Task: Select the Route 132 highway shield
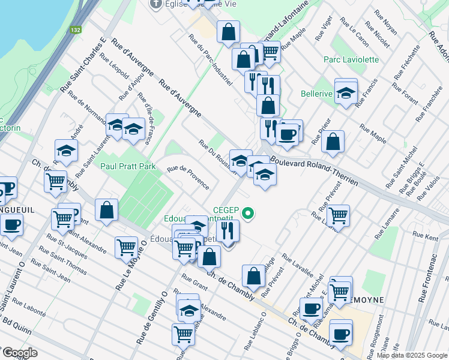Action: click(75, 29)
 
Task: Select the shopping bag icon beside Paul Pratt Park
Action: click(106, 210)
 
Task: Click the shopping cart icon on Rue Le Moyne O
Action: click(127, 246)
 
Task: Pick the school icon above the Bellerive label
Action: click(346, 92)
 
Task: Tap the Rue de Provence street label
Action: click(188, 177)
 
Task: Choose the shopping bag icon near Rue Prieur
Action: click(333, 142)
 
